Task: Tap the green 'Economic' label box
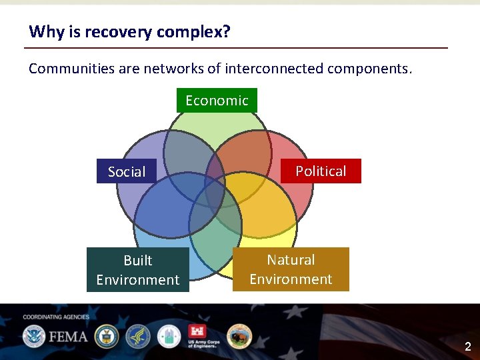pos(217,101)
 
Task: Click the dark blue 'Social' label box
pos(127,171)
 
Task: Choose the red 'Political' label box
pos(321,171)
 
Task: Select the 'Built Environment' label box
pos(138,270)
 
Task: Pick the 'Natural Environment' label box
pos(291,269)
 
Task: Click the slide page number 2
pos(467,347)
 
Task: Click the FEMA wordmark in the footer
pos(67,336)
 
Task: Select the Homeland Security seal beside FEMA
pos(33,336)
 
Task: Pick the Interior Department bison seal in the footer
pos(239,336)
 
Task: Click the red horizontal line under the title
pos(236,48)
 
